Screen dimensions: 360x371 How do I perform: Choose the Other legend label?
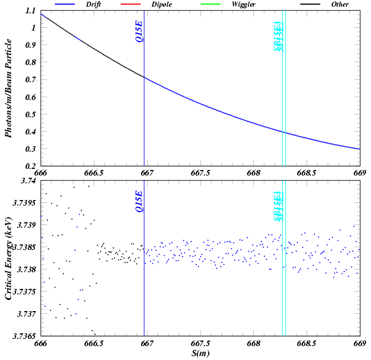[x=340, y=4]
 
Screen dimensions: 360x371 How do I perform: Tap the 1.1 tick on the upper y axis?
[x=30, y=11]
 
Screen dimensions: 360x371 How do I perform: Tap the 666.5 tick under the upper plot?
[x=94, y=173]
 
